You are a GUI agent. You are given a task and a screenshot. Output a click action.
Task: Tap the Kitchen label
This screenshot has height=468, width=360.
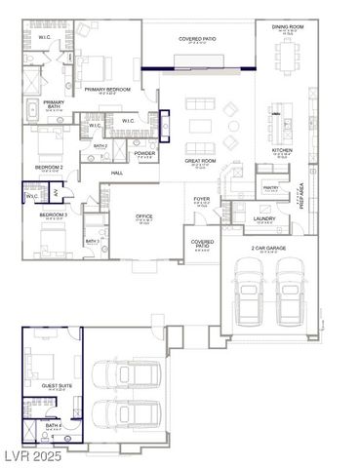coord(282,150)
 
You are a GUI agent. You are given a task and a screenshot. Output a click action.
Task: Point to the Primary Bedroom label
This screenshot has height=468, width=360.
coord(107,89)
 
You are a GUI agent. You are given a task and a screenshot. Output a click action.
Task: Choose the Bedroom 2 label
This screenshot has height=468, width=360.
coord(49,167)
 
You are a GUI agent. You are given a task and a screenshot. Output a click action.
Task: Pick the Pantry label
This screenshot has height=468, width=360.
coord(270,188)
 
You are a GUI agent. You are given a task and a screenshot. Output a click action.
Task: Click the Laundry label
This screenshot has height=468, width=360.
coord(264,218)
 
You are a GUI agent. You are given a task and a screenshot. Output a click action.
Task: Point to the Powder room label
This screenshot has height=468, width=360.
coord(144,153)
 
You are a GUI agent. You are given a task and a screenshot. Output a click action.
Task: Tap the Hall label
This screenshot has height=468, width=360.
coord(116,173)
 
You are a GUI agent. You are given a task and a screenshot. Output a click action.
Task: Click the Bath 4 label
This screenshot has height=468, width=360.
coord(53,425)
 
